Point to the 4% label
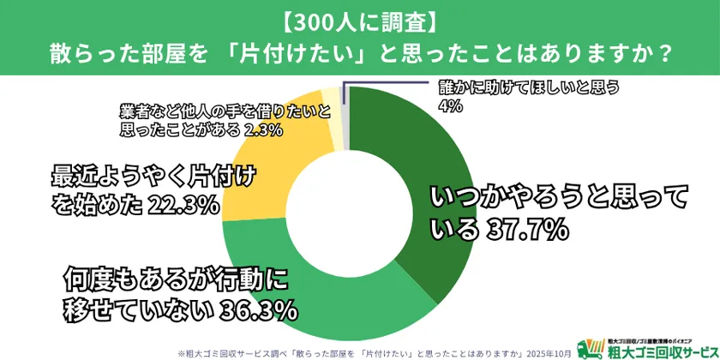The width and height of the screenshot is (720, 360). pos(447,106)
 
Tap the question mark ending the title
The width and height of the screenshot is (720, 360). pos(662,52)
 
